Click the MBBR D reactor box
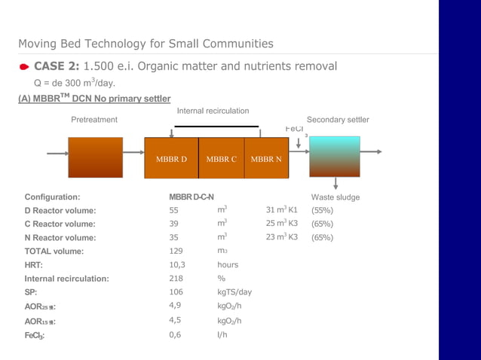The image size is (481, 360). pos(171,158)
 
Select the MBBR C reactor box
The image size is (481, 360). pos(222,158)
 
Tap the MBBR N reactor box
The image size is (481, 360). pos(266,158)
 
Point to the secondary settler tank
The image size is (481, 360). pos(335,157)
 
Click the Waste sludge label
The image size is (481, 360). pos(335,197)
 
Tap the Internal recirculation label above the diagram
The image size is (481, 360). pos(213,111)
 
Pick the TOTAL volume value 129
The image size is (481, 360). pos(176,252)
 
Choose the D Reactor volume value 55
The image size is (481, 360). pos(174,211)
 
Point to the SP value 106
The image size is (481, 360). pos(176,292)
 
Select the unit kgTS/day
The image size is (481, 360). pos(234,292)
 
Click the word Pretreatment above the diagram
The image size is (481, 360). pos(94,120)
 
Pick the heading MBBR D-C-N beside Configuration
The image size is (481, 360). pos(191,197)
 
